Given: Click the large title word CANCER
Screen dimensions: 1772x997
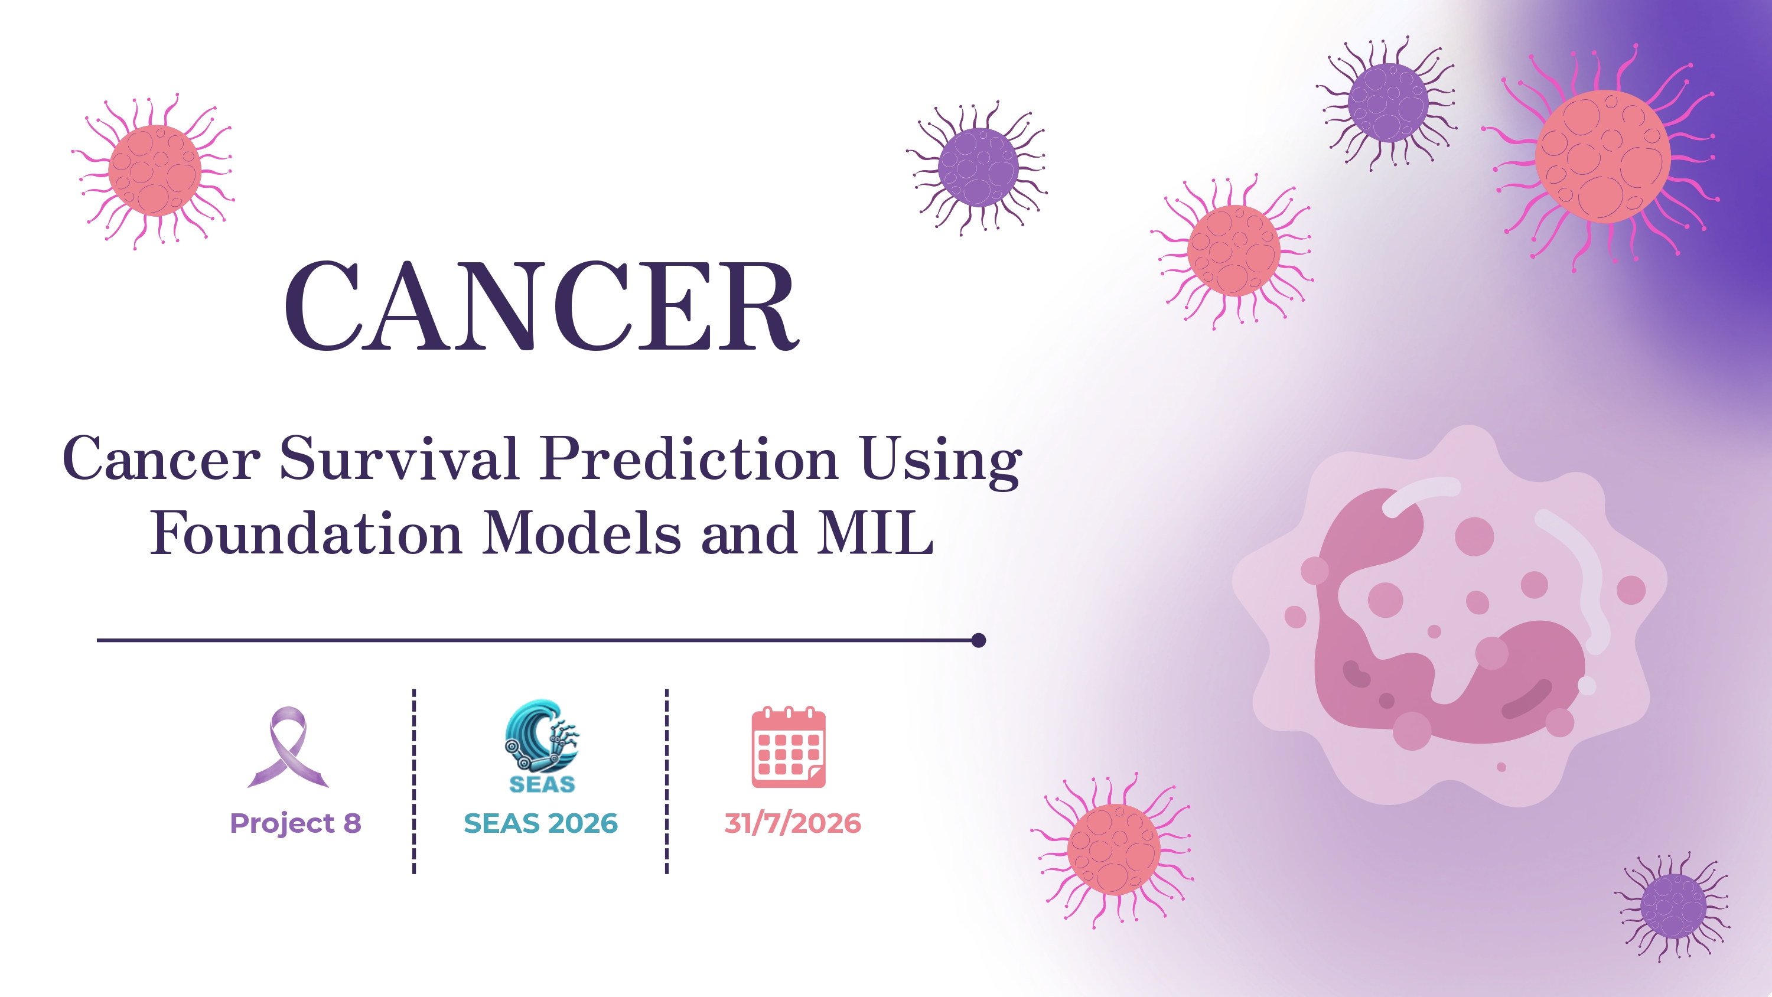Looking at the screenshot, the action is [x=542, y=305].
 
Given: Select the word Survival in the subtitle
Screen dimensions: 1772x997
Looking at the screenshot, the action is [x=398, y=458].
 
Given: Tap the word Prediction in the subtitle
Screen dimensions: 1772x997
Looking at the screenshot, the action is [x=689, y=458].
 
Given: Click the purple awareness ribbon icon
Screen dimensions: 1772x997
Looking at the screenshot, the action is [x=288, y=747].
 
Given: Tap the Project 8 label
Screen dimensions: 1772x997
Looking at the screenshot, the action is [x=295, y=823].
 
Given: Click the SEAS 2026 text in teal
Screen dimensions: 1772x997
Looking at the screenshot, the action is [x=540, y=823].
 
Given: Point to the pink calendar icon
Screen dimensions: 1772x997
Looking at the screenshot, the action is [x=789, y=747].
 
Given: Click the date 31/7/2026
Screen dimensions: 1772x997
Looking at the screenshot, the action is [x=793, y=823].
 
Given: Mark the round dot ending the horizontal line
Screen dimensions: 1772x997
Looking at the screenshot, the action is [x=979, y=641].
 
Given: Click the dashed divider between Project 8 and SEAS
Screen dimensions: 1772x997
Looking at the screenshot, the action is [x=414, y=781].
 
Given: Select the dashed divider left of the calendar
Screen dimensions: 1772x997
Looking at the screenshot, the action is [x=666, y=781].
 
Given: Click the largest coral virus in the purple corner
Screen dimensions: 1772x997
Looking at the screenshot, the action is [x=1603, y=157].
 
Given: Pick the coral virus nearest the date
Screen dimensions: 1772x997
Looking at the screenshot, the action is [x=1113, y=850].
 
